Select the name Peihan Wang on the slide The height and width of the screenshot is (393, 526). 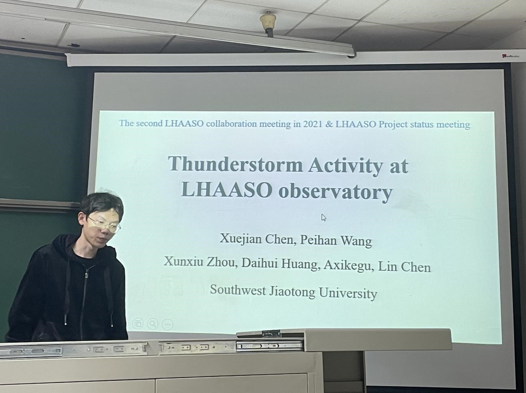[x=336, y=240]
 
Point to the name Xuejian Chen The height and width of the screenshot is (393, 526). [x=256, y=239]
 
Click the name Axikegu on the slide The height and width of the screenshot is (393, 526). [x=349, y=266]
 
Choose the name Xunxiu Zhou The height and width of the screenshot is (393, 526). [x=200, y=262]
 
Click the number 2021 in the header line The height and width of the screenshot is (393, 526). [x=313, y=124]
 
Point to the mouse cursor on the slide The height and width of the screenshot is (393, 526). [x=324, y=217]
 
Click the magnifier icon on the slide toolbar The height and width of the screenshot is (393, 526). [x=153, y=324]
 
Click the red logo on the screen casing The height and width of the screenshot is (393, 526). [x=510, y=56]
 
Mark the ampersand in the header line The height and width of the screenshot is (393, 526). [x=329, y=124]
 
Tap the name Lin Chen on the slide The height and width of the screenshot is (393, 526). [x=404, y=267]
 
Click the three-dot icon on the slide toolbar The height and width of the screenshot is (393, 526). [x=167, y=325]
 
